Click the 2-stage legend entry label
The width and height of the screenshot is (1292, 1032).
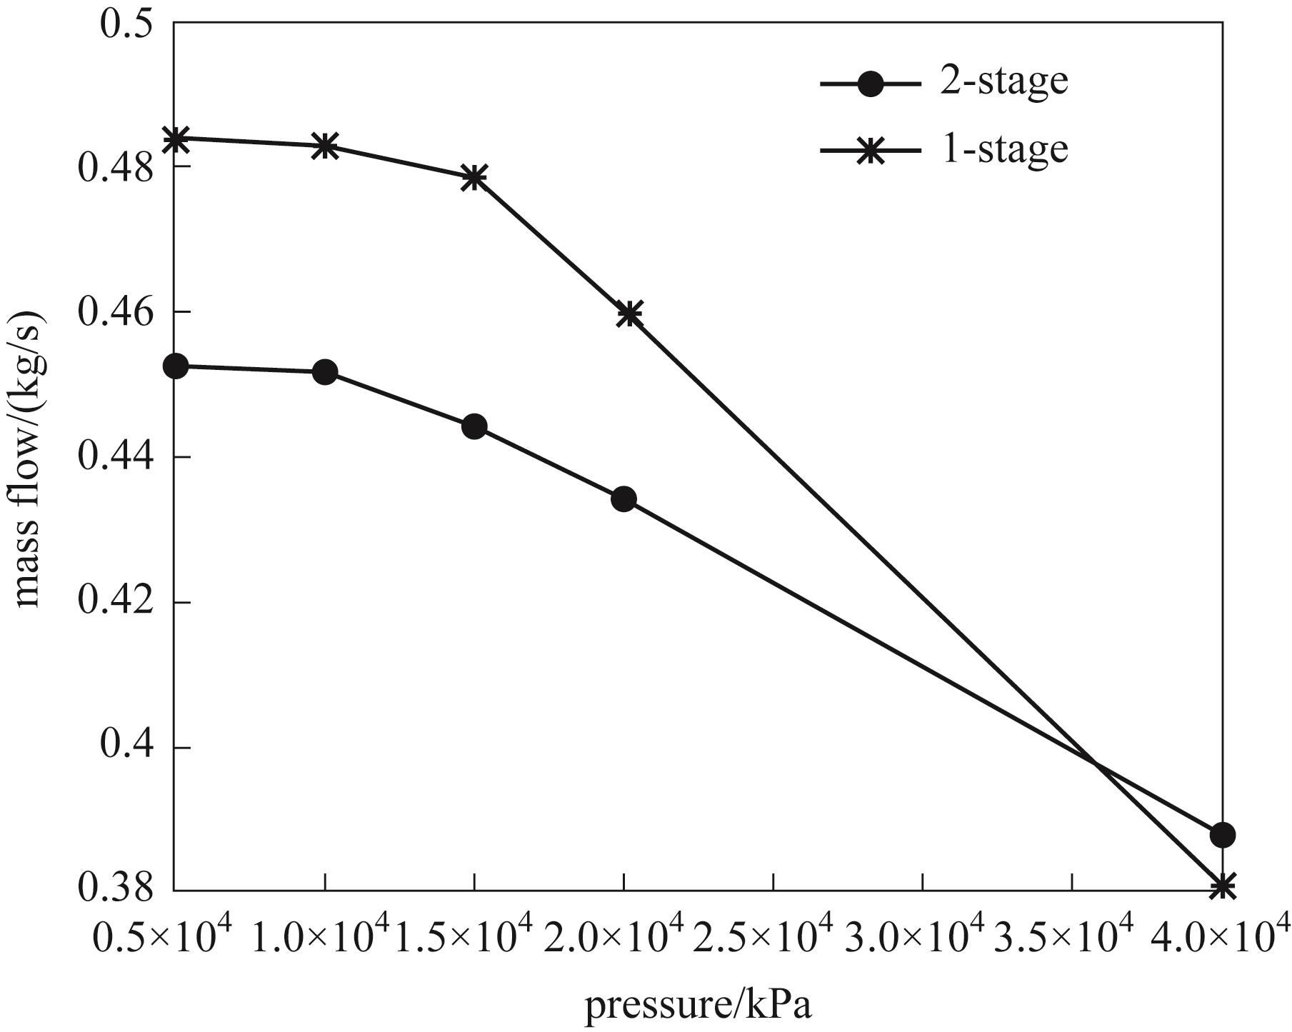(1003, 82)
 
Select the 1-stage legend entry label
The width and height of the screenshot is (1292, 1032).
(1003, 150)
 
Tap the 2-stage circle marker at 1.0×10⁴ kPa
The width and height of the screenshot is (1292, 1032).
(325, 372)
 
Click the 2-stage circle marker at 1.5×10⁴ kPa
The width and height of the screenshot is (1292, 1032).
(474, 427)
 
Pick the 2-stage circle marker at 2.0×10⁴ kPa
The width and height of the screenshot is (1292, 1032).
(624, 499)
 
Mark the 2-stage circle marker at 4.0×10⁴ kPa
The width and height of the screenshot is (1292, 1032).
(1222, 834)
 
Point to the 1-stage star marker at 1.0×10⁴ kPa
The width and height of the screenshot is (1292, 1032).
(325, 146)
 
